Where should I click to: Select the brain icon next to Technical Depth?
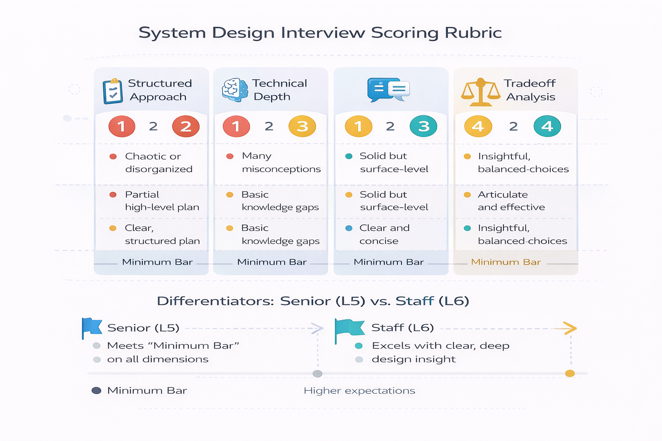coord(235,90)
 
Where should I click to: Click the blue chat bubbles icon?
coord(388,90)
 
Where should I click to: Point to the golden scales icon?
coord(481,92)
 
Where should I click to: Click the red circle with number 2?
coord(186,126)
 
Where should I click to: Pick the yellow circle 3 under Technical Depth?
coord(302,126)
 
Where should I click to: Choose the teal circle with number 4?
coord(547,126)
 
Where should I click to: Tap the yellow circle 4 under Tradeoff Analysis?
coord(478,126)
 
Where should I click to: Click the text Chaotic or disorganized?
coord(158,162)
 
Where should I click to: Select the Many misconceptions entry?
coord(281,162)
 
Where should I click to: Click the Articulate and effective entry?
coord(511,201)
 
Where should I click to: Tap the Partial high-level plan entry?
coord(162,201)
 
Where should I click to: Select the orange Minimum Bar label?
coord(506,262)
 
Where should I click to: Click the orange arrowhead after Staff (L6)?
coord(570,328)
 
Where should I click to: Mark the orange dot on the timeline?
coord(570,373)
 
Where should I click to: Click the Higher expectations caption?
coord(359,391)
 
